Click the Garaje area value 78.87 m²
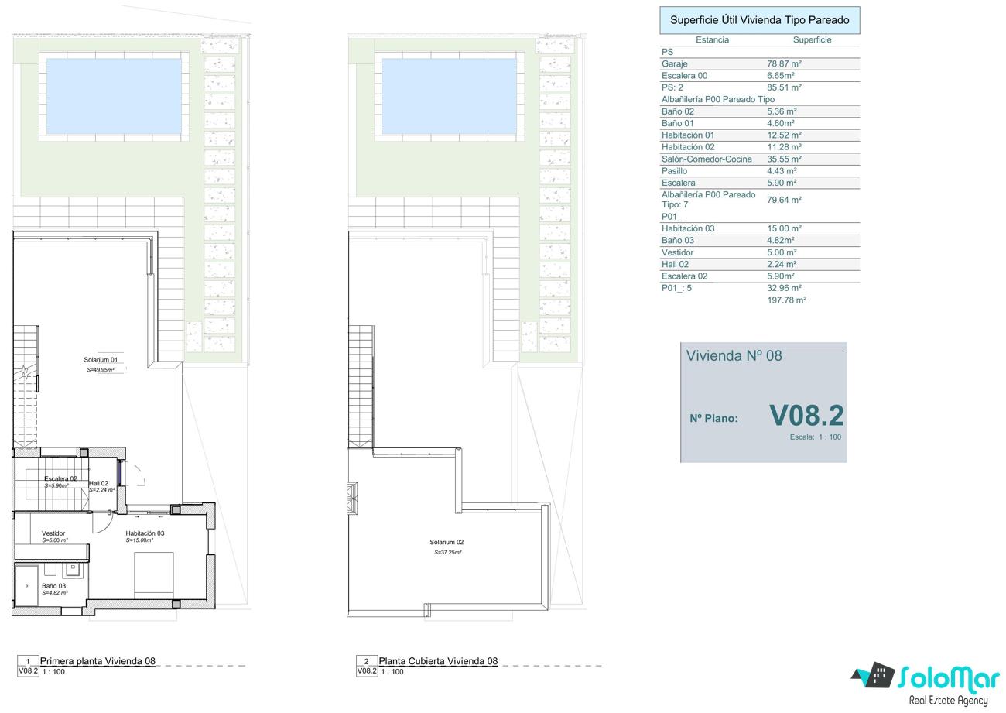tap(784, 63)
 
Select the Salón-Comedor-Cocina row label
tap(707, 159)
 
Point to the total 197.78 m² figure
tap(787, 300)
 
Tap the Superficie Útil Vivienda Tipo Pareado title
tap(759, 20)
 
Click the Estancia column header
tap(712, 40)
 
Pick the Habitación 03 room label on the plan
tap(145, 533)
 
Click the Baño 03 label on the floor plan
tap(54, 586)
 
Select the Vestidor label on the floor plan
tap(53, 533)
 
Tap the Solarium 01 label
tap(101, 360)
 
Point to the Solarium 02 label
tap(447, 542)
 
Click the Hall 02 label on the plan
tap(99, 483)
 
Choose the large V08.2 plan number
tap(806, 416)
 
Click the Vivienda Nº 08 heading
tap(734, 356)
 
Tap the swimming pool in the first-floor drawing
tap(114, 97)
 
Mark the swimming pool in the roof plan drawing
tap(449, 97)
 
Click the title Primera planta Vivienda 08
tap(98, 661)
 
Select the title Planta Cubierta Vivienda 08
tap(438, 661)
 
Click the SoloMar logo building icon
tap(874, 675)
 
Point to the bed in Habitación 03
tap(154, 575)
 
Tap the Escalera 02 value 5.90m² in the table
tap(781, 276)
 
